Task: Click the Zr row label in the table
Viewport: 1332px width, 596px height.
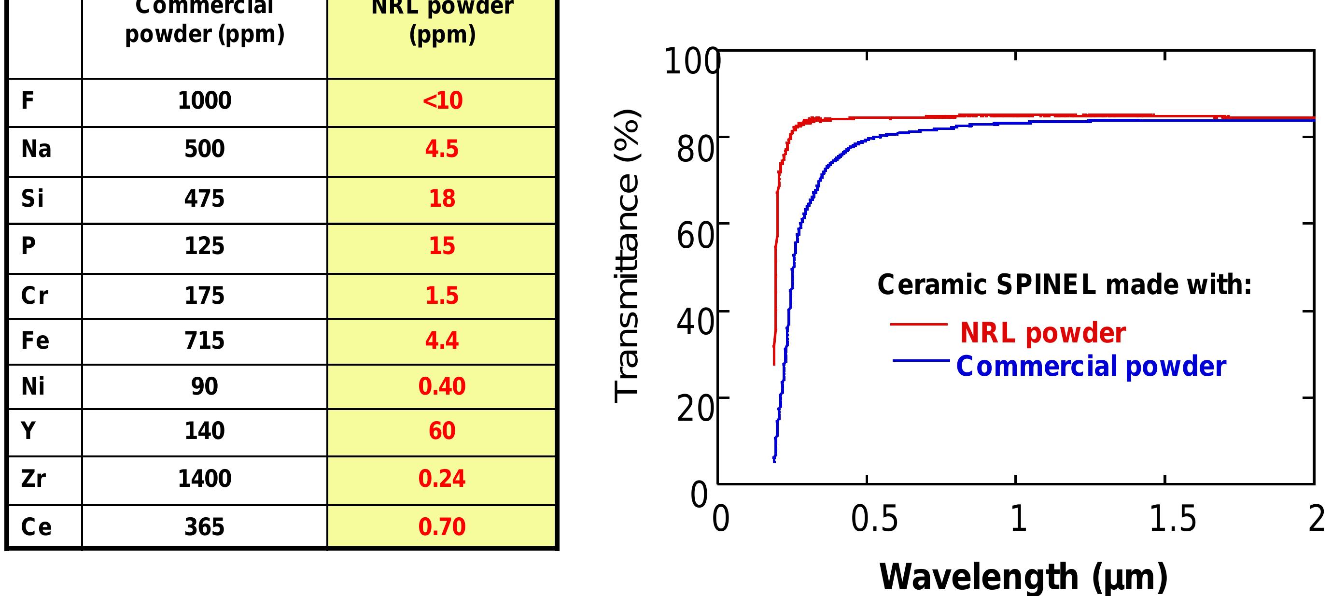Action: click(x=34, y=479)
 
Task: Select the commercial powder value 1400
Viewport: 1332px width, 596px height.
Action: click(x=204, y=479)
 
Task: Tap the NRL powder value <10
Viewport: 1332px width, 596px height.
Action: click(x=442, y=100)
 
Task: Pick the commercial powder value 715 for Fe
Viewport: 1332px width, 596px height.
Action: click(x=204, y=341)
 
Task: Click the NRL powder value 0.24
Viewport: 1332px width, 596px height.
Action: click(x=442, y=479)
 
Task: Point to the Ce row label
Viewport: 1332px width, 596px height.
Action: click(x=36, y=526)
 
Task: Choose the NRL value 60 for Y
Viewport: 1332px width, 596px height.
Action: click(x=442, y=431)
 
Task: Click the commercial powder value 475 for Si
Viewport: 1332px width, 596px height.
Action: click(x=204, y=199)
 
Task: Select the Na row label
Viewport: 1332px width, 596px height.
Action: click(x=36, y=149)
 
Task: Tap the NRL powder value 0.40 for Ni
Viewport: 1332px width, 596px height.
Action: click(x=442, y=386)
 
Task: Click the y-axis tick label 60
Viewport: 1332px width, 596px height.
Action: click(x=696, y=235)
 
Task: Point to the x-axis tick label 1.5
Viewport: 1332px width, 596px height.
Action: click(x=1172, y=519)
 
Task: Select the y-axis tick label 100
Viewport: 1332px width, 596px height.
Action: click(x=692, y=61)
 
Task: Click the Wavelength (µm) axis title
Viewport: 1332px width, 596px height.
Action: click(x=1024, y=577)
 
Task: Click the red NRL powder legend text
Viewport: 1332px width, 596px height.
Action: click(x=1042, y=333)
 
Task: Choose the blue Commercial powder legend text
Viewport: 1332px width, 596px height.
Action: click(x=1091, y=366)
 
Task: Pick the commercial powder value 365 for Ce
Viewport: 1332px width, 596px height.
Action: click(x=204, y=526)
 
